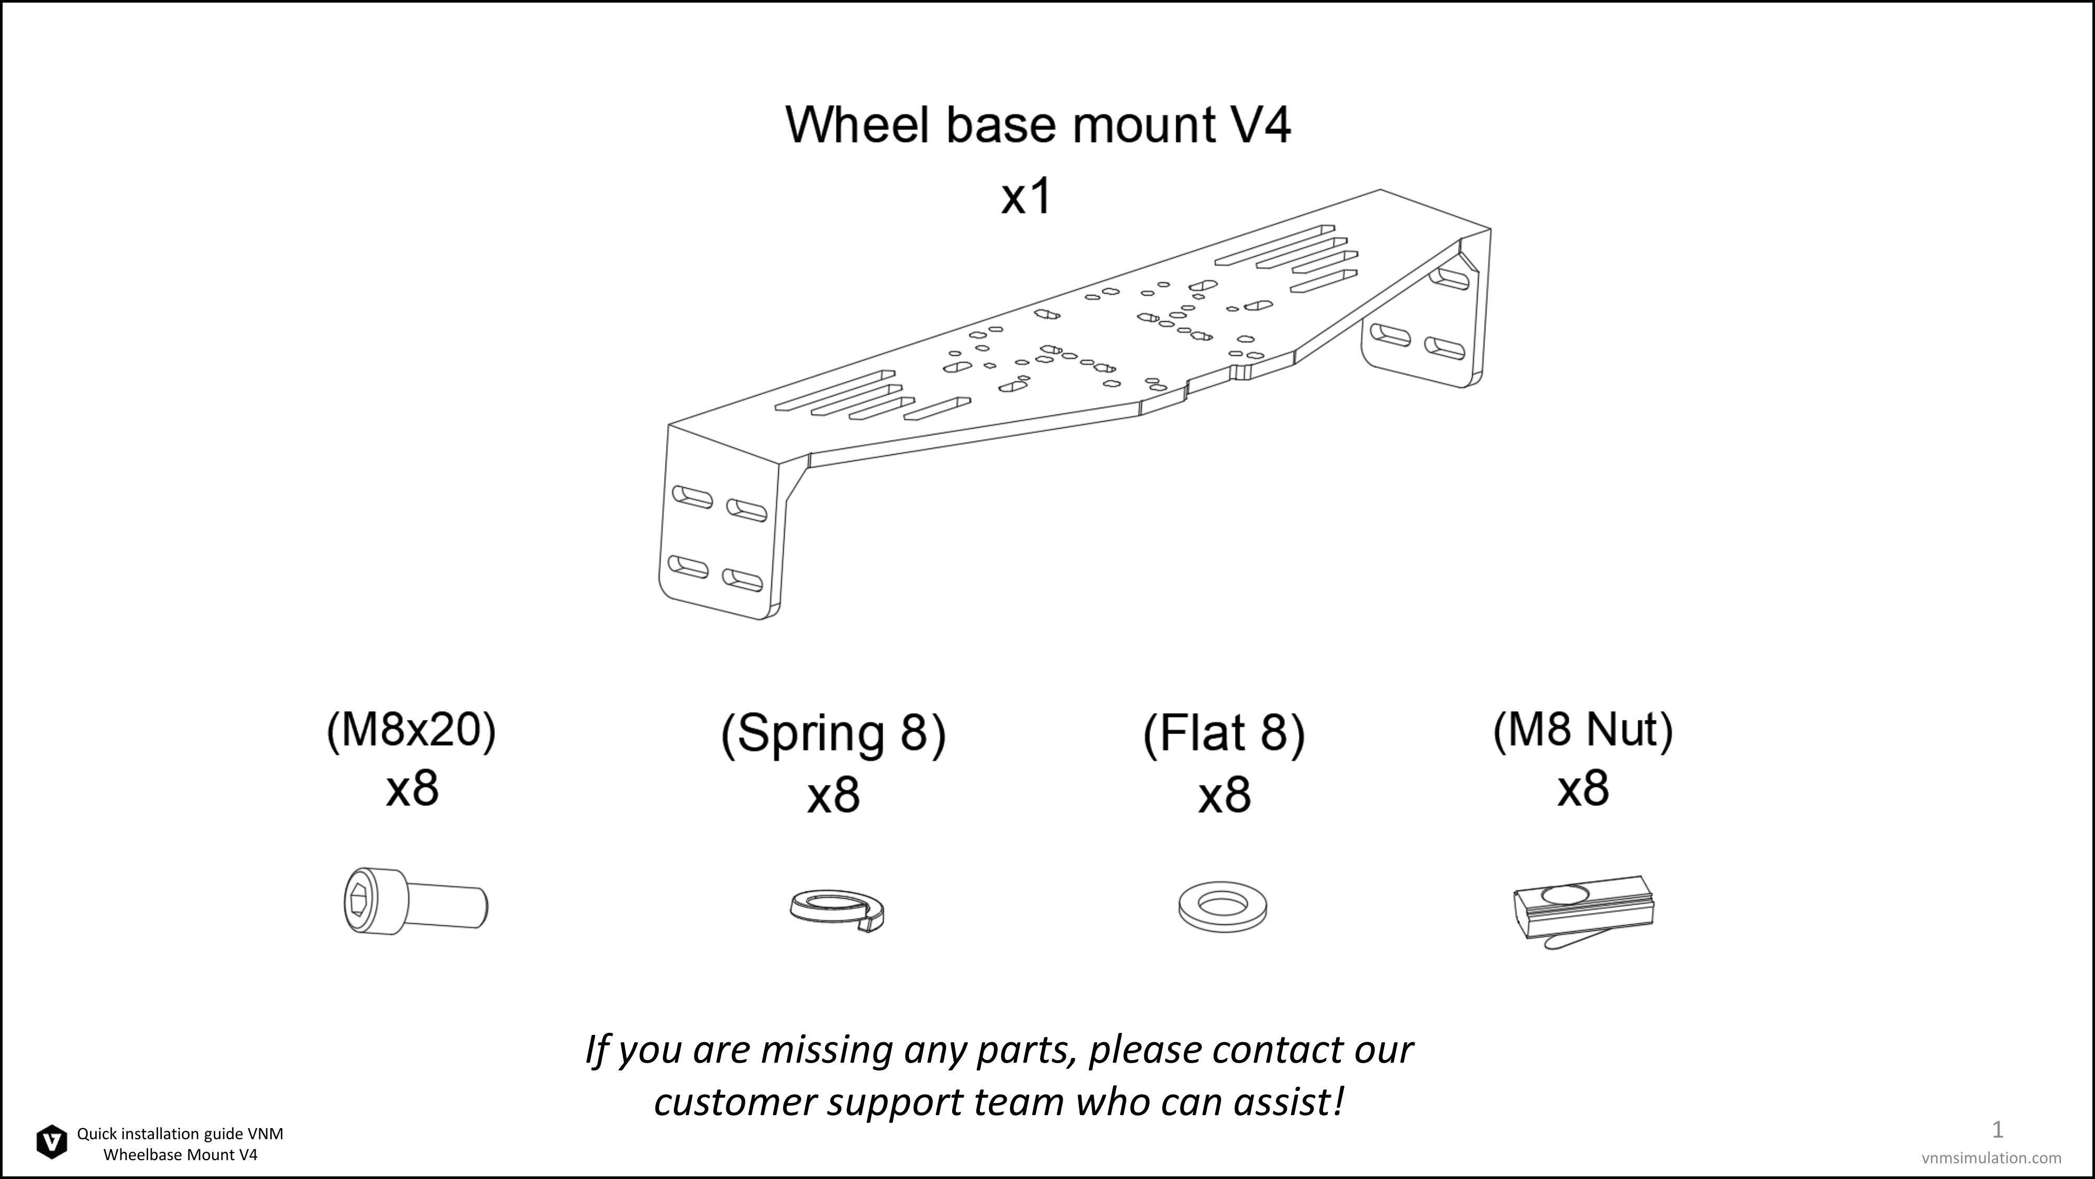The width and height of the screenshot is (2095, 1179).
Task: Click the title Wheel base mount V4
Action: click(1038, 125)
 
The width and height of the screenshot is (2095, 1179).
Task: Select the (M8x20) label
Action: click(412, 730)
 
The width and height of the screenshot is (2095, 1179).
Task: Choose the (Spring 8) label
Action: click(834, 734)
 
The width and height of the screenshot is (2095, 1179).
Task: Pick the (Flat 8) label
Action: click(1224, 734)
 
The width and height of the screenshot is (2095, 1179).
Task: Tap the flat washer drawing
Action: click(1223, 907)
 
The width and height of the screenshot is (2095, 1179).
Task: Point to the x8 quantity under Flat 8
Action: click(1224, 796)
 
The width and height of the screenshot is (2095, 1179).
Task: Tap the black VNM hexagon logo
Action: click(52, 1142)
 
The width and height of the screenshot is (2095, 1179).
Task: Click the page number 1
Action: click(1998, 1129)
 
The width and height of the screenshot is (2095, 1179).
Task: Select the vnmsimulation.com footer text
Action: click(1992, 1158)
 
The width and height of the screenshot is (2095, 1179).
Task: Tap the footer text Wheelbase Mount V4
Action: click(181, 1154)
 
